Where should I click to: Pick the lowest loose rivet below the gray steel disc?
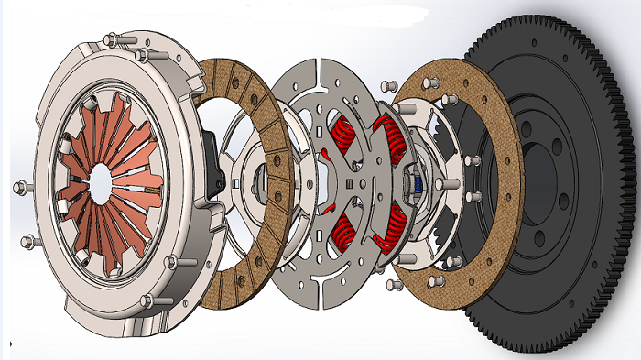393,286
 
